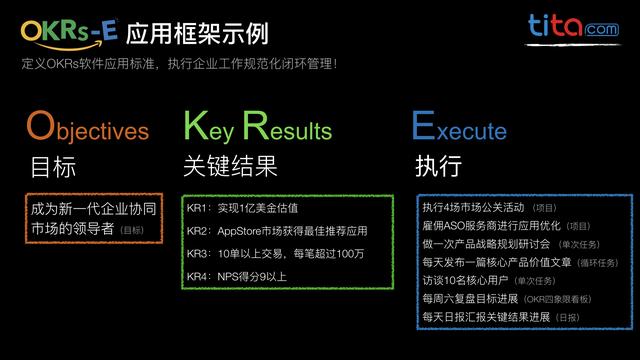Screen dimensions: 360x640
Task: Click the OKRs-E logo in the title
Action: coord(70,34)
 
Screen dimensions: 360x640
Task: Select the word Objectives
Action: coord(87,129)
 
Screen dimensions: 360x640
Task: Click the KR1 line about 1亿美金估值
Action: coord(244,208)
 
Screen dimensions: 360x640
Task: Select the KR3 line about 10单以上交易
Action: coord(275,254)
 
